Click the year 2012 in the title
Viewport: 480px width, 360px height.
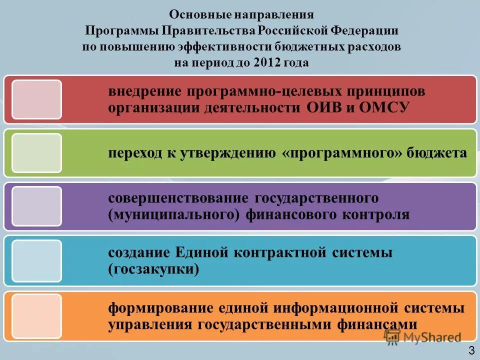pos(267,63)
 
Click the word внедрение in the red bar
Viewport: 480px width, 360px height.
pos(145,92)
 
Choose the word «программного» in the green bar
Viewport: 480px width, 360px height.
pos(342,153)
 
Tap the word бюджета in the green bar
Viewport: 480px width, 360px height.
pos(438,153)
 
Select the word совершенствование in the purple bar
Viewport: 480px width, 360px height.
pos(178,198)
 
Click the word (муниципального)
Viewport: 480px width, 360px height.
pos(170,214)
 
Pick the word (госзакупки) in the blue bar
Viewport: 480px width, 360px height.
pos(153,269)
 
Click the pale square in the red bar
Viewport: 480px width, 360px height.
pos(36,99)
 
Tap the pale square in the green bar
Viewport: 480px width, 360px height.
pos(36,153)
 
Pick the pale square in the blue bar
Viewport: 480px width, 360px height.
pos(36,260)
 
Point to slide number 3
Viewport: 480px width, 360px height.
pos(471,349)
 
